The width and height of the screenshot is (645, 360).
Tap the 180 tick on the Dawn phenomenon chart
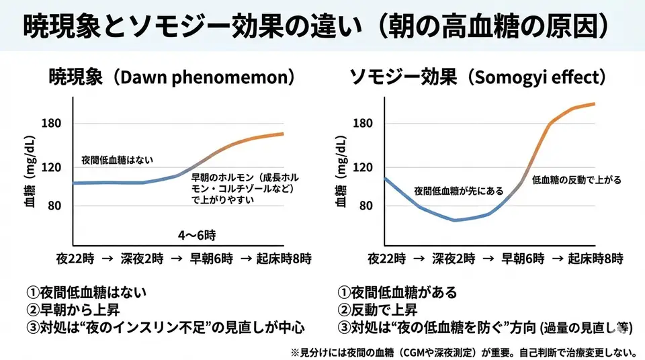click(x=52, y=124)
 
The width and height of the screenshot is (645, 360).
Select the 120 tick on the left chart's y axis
click(x=52, y=168)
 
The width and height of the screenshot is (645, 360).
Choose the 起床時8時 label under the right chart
click(x=595, y=258)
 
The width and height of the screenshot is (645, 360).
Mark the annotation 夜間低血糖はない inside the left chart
click(x=117, y=160)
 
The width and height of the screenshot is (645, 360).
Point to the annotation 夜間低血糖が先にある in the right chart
click(x=458, y=191)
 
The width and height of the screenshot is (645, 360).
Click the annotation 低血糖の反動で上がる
click(x=576, y=180)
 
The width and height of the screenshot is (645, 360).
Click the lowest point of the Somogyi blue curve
click(x=456, y=220)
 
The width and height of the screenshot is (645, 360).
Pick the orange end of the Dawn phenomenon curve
click(x=281, y=134)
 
